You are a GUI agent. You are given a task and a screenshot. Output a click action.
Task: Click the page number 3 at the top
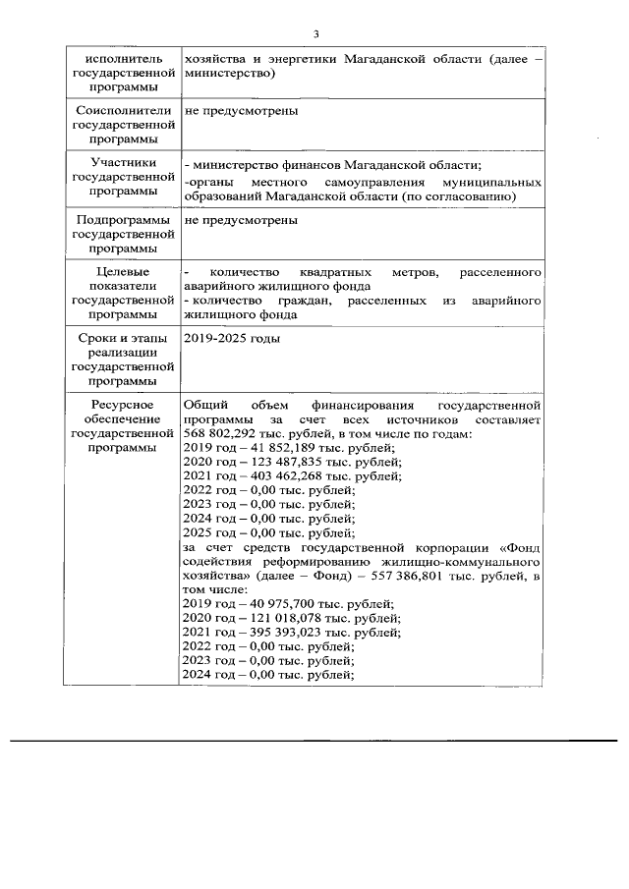coord(314,35)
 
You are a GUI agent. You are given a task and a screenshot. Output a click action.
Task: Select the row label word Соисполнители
coord(117,110)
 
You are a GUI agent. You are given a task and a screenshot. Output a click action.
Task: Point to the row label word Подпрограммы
coord(117,220)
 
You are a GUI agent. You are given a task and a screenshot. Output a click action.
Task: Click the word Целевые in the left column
coord(117,271)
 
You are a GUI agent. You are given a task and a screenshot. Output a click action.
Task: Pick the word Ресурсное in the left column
coord(117,405)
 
